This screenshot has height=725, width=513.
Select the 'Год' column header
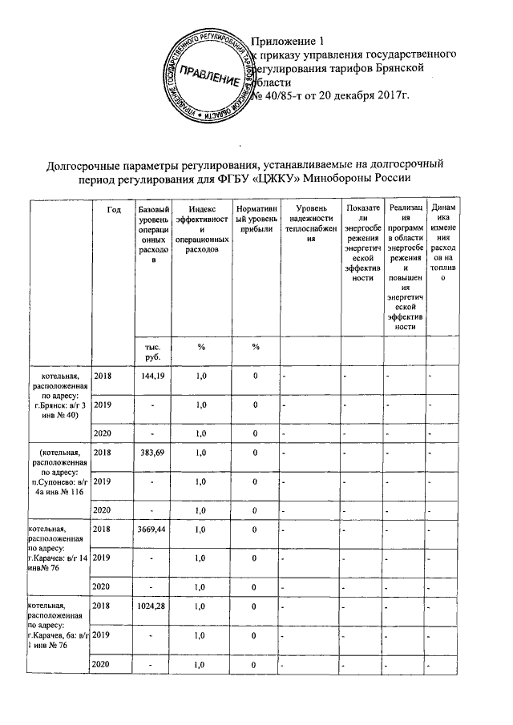click(113, 209)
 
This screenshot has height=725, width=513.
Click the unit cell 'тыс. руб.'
click(151, 354)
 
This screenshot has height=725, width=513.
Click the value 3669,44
click(151, 530)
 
